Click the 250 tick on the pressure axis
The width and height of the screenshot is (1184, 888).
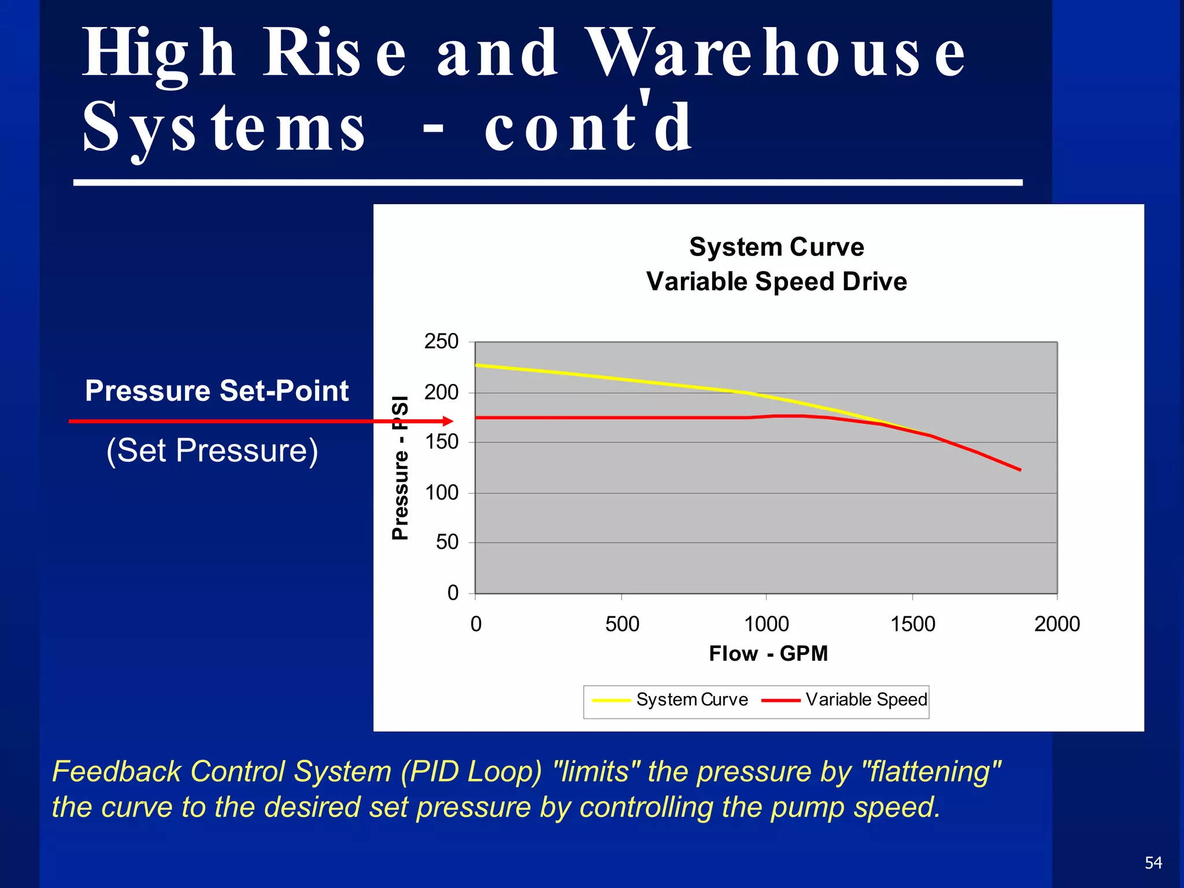click(x=442, y=342)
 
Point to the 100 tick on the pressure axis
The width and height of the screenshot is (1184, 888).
click(x=442, y=493)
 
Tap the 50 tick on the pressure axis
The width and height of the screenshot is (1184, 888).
click(x=447, y=542)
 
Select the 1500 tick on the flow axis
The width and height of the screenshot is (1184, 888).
click(x=912, y=624)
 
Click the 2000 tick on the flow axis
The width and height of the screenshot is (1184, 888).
click(x=1057, y=624)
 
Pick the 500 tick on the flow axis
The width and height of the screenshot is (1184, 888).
click(x=622, y=624)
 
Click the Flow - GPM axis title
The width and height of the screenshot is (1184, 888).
click(x=768, y=654)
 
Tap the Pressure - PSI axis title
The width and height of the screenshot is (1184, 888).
click(x=400, y=468)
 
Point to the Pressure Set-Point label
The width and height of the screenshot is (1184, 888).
click(x=217, y=391)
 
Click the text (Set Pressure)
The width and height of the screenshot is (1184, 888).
click(x=212, y=450)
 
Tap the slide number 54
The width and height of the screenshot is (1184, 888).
click(x=1153, y=863)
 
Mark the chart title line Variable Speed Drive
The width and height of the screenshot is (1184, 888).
click(x=776, y=282)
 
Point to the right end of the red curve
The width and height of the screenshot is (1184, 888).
click(x=1020, y=470)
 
